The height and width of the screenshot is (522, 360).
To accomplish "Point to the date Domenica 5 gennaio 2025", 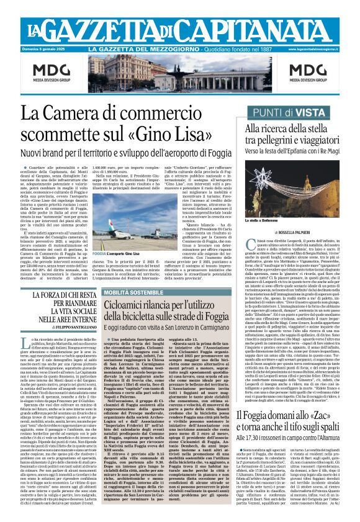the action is click(x=44, y=48).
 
